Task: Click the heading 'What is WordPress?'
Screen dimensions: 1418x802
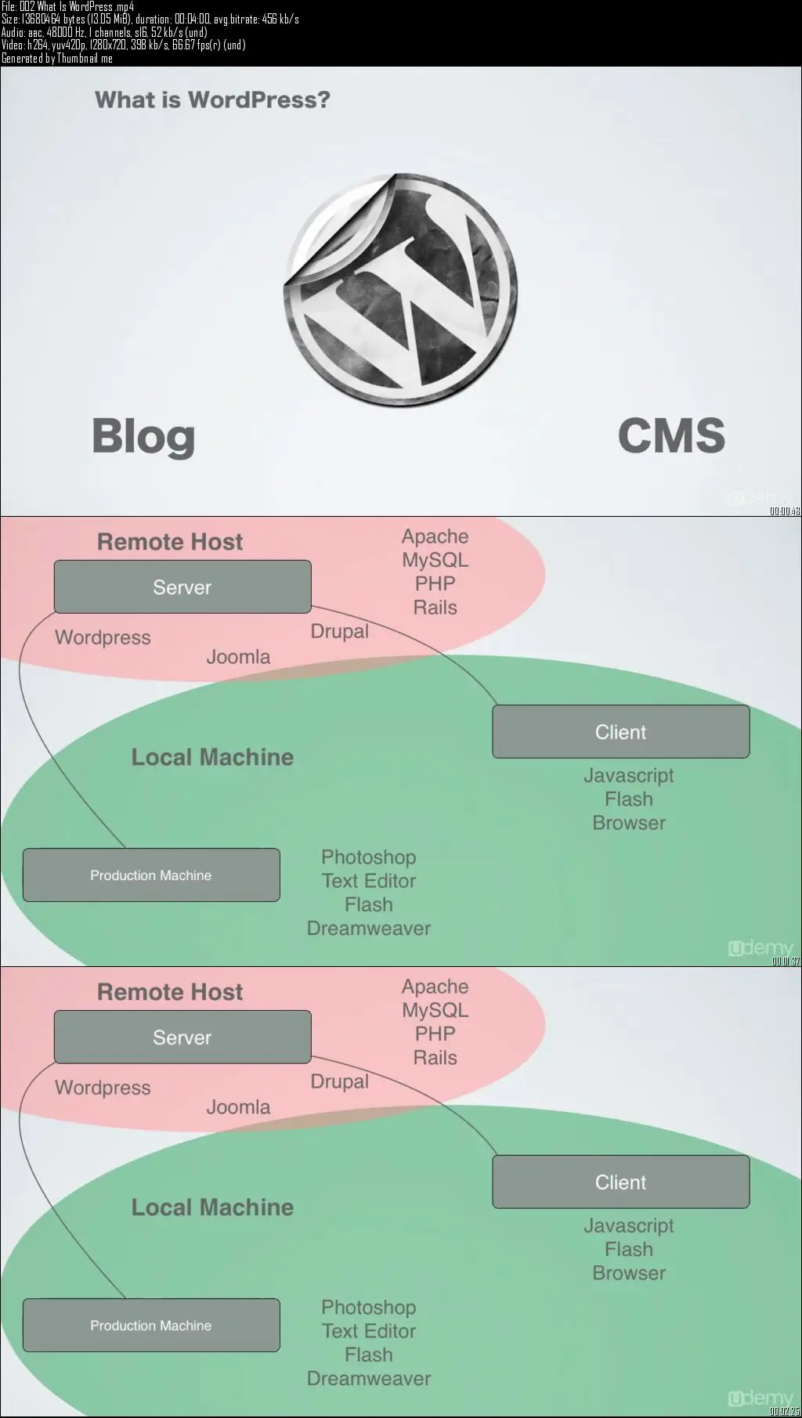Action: tap(212, 100)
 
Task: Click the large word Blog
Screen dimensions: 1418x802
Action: tap(143, 436)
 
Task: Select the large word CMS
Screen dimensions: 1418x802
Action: tap(671, 435)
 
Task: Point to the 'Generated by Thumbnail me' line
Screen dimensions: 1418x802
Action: tap(57, 58)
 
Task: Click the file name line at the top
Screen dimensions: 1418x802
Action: tap(68, 6)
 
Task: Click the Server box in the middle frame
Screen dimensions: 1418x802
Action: tap(182, 586)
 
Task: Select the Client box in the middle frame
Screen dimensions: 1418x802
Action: tap(620, 731)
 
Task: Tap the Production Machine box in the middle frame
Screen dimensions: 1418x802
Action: tap(151, 875)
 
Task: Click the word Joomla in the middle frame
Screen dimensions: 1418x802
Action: tap(238, 657)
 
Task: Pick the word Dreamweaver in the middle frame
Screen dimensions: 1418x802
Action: tap(369, 928)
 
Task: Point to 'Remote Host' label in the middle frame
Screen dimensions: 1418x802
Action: tap(170, 541)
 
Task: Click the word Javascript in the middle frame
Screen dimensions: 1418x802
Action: tap(628, 775)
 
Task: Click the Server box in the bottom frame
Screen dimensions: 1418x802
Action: tap(182, 1037)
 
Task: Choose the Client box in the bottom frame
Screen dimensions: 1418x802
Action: tap(620, 1182)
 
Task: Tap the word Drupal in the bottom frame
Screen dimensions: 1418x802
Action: tap(339, 1081)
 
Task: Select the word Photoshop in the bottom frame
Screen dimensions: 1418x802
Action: tap(368, 1307)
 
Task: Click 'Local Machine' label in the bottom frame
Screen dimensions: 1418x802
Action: tap(212, 1207)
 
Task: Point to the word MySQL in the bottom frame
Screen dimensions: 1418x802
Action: tap(435, 1010)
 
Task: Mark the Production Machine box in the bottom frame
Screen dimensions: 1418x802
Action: tap(151, 1325)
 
